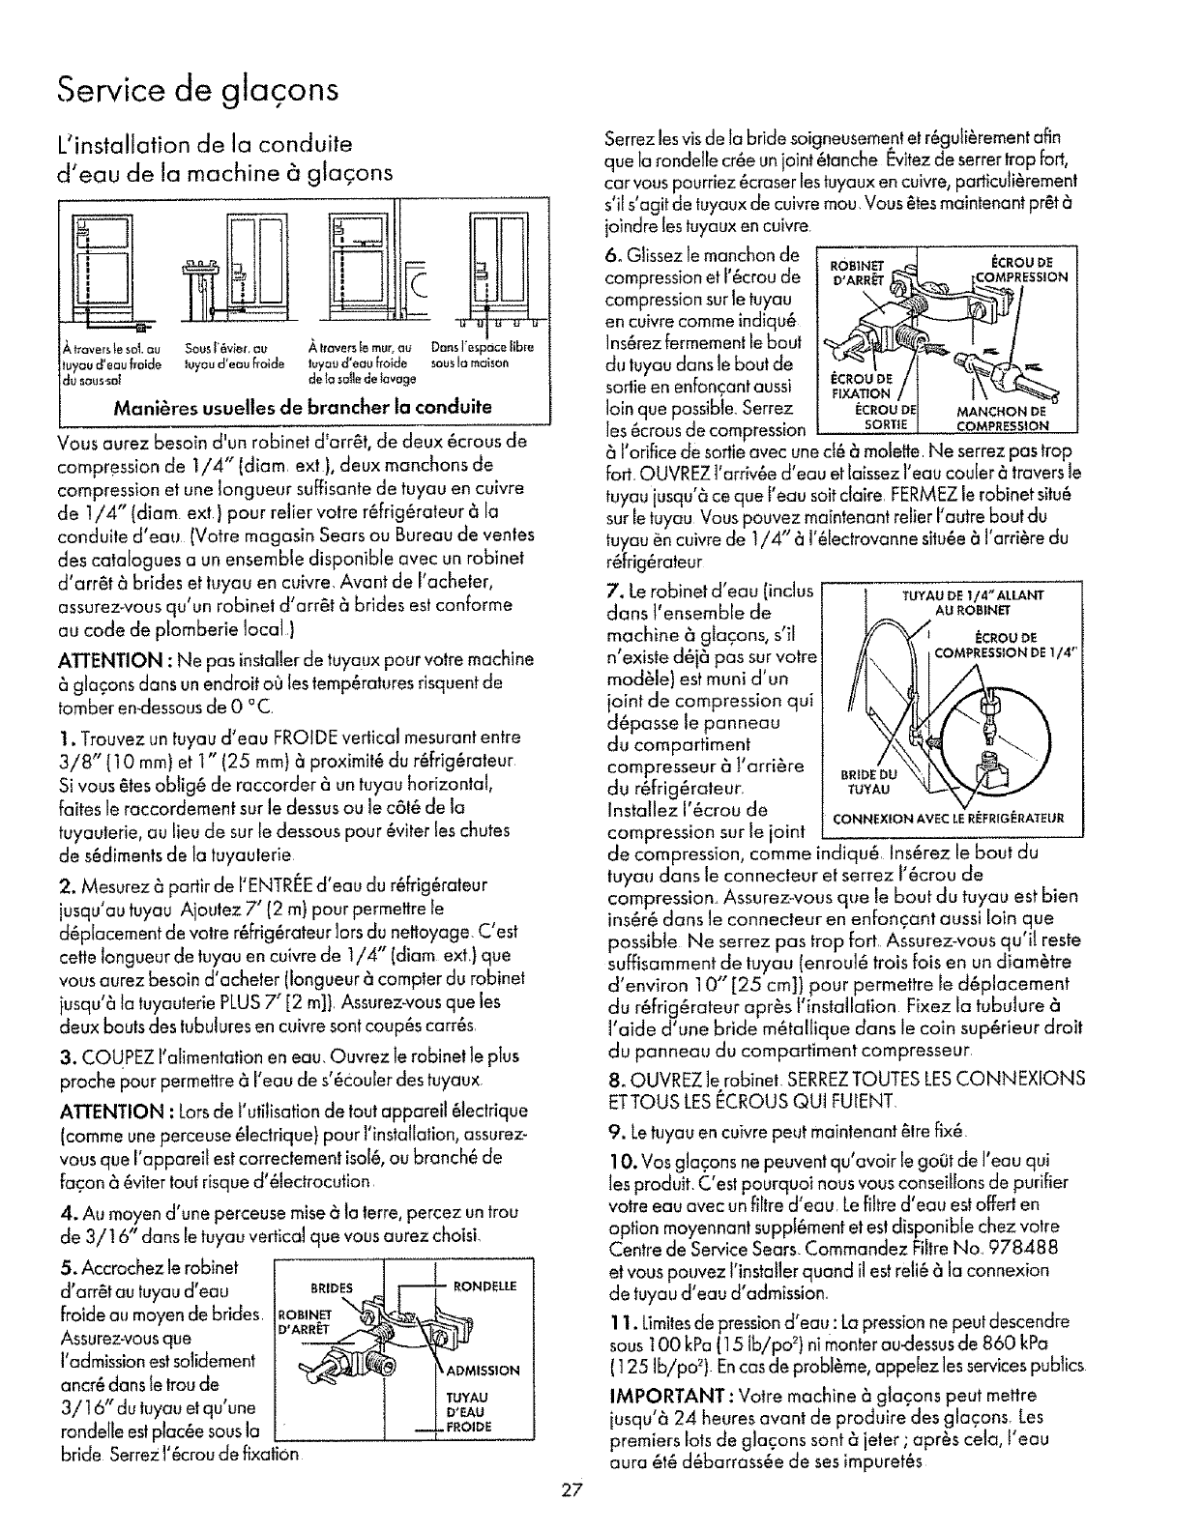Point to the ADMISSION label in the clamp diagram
[484, 1370]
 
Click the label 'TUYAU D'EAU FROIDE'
[467, 1412]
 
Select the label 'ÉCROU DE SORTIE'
[883, 419]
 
